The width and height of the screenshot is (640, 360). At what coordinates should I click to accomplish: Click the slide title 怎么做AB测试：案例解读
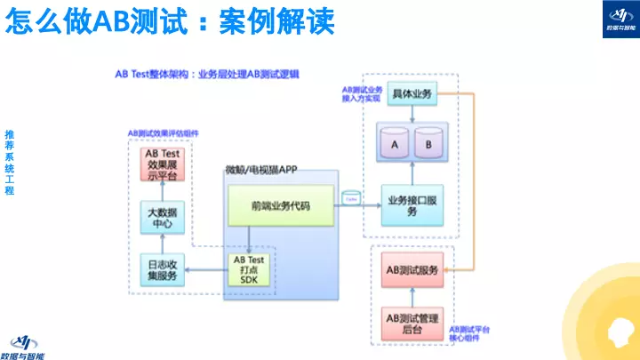pyautogui.click(x=170, y=21)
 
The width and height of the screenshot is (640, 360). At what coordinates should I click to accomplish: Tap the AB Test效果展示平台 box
pyautogui.click(x=163, y=164)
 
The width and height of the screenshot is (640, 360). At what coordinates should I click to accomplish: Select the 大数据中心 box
pyautogui.click(x=163, y=216)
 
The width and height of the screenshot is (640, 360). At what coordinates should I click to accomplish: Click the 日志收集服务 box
pyautogui.click(x=163, y=268)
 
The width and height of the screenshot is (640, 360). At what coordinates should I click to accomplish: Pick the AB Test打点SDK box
pyautogui.click(x=248, y=269)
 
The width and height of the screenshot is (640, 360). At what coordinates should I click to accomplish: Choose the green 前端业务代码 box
pyautogui.click(x=281, y=206)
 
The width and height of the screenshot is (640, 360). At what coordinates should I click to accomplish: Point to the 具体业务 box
pyautogui.click(x=412, y=94)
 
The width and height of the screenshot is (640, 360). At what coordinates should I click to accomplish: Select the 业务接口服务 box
pyautogui.click(x=412, y=206)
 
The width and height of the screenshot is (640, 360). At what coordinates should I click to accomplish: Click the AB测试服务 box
pyautogui.click(x=412, y=269)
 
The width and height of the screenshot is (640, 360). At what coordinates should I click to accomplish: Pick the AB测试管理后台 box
pyautogui.click(x=412, y=323)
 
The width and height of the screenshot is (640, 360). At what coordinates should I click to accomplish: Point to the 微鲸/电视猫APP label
pyautogui.click(x=260, y=169)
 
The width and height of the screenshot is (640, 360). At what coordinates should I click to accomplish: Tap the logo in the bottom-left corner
pyautogui.click(x=27, y=345)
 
